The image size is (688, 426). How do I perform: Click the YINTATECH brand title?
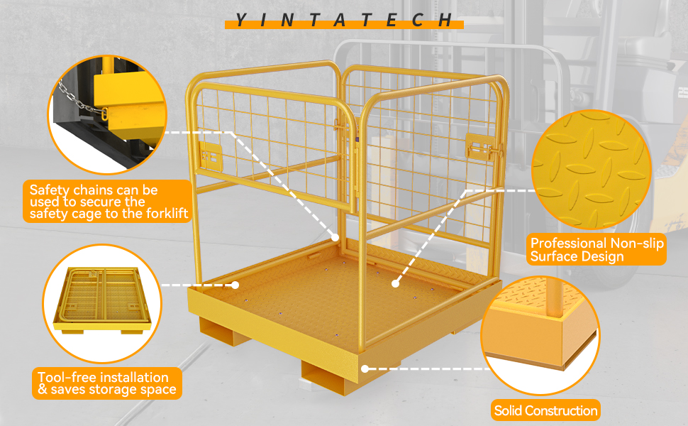(344, 20)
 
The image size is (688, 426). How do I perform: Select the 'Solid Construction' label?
(545, 410)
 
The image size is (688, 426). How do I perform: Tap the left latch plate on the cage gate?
(209, 155)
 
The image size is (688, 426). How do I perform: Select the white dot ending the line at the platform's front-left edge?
(235, 285)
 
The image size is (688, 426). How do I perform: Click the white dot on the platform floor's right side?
(394, 283)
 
